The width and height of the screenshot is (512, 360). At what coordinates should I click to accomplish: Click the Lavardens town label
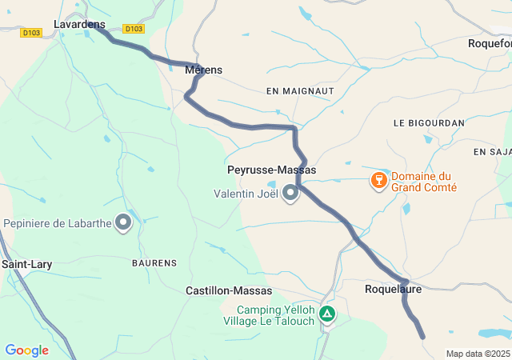pyautogui.click(x=79, y=25)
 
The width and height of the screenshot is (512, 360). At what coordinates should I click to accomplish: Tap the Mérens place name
pyautogui.click(x=203, y=70)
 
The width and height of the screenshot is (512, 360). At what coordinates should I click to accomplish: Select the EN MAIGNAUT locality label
pyautogui.click(x=300, y=92)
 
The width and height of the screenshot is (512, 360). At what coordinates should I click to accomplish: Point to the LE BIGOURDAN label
pyautogui.click(x=429, y=123)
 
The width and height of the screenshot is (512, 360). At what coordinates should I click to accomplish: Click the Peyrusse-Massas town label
pyautogui.click(x=272, y=170)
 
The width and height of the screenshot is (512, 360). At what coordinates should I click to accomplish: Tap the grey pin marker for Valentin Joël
pyautogui.click(x=290, y=194)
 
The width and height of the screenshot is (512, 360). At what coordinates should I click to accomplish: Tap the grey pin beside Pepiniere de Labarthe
pyautogui.click(x=123, y=222)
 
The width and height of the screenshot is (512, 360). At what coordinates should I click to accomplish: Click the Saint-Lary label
pyautogui.click(x=26, y=263)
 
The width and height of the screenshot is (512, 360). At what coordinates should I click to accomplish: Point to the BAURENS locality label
pyautogui.click(x=154, y=262)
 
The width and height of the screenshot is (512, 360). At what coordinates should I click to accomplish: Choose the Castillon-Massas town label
pyautogui.click(x=229, y=290)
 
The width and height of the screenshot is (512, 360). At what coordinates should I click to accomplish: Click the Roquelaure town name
pyautogui.click(x=392, y=290)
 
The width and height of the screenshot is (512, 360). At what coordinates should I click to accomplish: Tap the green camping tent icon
pyautogui.click(x=326, y=314)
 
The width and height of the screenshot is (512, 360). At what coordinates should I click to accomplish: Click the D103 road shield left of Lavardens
pyautogui.click(x=32, y=33)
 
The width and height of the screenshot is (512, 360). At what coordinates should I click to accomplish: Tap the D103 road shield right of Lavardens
pyautogui.click(x=134, y=29)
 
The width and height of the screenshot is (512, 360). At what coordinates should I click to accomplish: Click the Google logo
pyautogui.click(x=26, y=350)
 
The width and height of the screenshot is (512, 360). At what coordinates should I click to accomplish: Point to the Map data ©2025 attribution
pyautogui.click(x=477, y=354)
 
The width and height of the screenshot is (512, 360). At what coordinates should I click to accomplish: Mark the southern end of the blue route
pyautogui.click(x=422, y=338)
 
